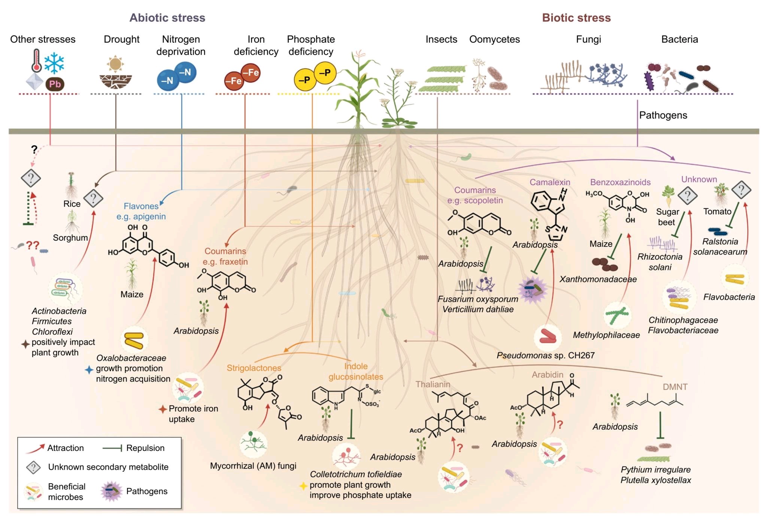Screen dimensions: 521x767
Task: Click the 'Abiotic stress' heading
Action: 167,18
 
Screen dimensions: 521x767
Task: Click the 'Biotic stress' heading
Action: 576,18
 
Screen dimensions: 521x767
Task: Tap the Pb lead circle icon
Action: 55,84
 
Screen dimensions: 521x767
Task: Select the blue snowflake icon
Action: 54,63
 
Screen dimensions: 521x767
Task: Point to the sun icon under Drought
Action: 115,64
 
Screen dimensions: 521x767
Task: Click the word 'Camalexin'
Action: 549,182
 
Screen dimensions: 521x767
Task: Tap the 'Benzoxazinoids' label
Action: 620,182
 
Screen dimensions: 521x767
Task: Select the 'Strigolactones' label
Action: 254,368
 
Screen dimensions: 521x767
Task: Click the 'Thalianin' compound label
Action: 433,384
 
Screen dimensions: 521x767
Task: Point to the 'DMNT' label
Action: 675,387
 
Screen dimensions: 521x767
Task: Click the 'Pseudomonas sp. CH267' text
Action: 545,355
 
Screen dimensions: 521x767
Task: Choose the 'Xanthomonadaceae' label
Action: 598,279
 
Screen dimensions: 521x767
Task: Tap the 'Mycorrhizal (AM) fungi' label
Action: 253,466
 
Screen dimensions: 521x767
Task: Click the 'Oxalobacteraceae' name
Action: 131,358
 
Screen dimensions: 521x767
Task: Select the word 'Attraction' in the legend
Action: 65,448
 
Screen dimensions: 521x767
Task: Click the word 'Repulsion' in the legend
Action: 145,448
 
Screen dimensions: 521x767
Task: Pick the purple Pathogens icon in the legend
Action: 111,491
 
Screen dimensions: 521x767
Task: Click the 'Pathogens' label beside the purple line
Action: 663,115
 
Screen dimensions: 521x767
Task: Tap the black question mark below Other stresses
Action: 34,150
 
